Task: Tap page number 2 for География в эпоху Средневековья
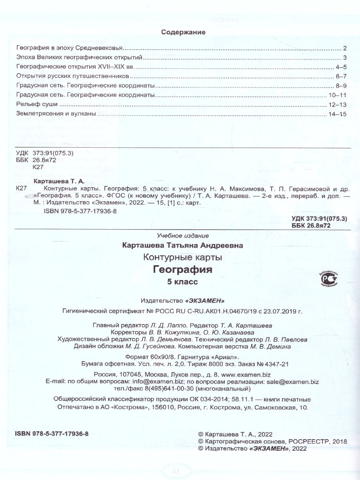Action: coord(344,48)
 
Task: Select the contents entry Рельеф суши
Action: coord(35,104)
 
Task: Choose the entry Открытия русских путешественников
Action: coord(73,76)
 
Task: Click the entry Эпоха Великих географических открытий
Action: coord(79,57)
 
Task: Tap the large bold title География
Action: coord(183,270)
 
